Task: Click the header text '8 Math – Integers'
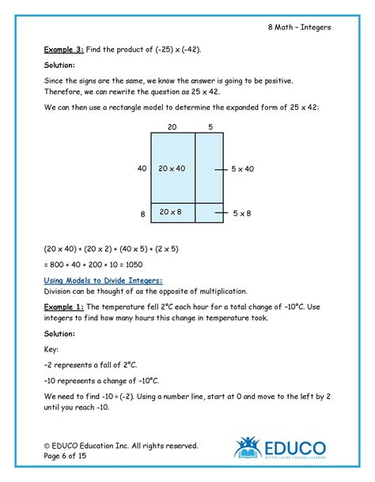pos(299,28)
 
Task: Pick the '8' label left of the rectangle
pos(142,213)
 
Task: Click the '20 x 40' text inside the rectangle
pos(172,168)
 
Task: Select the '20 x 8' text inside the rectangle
pos(172,212)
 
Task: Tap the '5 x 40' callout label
pos(243,168)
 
